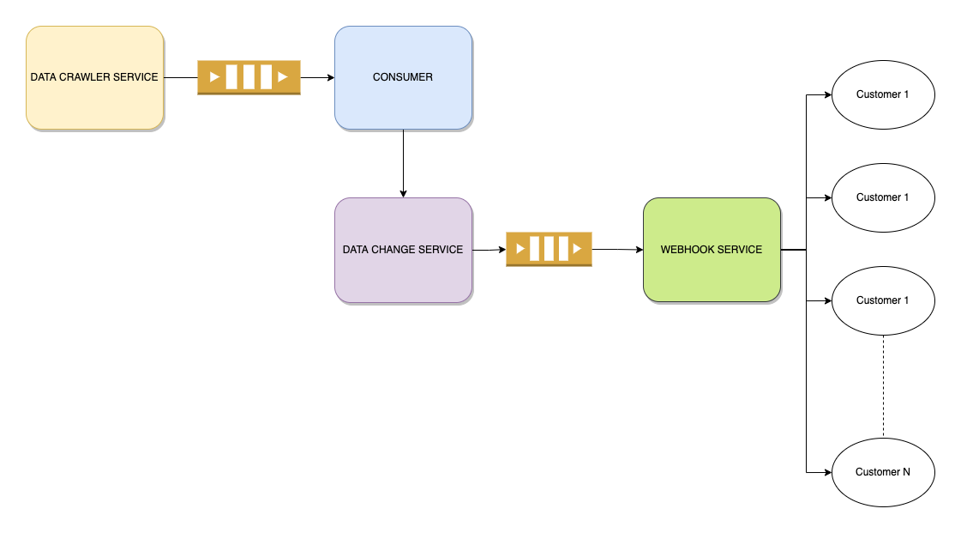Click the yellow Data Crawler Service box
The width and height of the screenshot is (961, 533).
pos(94,103)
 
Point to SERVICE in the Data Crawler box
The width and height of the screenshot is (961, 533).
pos(137,77)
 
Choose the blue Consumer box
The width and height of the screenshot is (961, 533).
pos(403,103)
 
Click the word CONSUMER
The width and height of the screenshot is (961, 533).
pos(403,77)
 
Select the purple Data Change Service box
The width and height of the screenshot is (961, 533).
pos(403,275)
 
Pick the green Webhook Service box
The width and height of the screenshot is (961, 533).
pos(712,275)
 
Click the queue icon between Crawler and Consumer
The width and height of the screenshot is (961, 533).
pos(249,77)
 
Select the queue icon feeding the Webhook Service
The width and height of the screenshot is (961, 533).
pos(549,249)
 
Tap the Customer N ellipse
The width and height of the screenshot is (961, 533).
pos(883,489)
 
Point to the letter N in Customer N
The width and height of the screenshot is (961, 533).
pos(906,472)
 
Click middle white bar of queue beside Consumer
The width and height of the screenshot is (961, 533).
pos(249,77)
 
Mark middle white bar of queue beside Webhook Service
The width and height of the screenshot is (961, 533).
pos(549,249)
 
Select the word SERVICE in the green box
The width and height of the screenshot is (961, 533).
pos(742,250)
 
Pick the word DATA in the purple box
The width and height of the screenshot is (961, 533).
pos(355,250)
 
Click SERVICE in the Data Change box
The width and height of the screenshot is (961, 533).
pos(442,250)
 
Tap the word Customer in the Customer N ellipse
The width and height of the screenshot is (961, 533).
pos(877,472)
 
